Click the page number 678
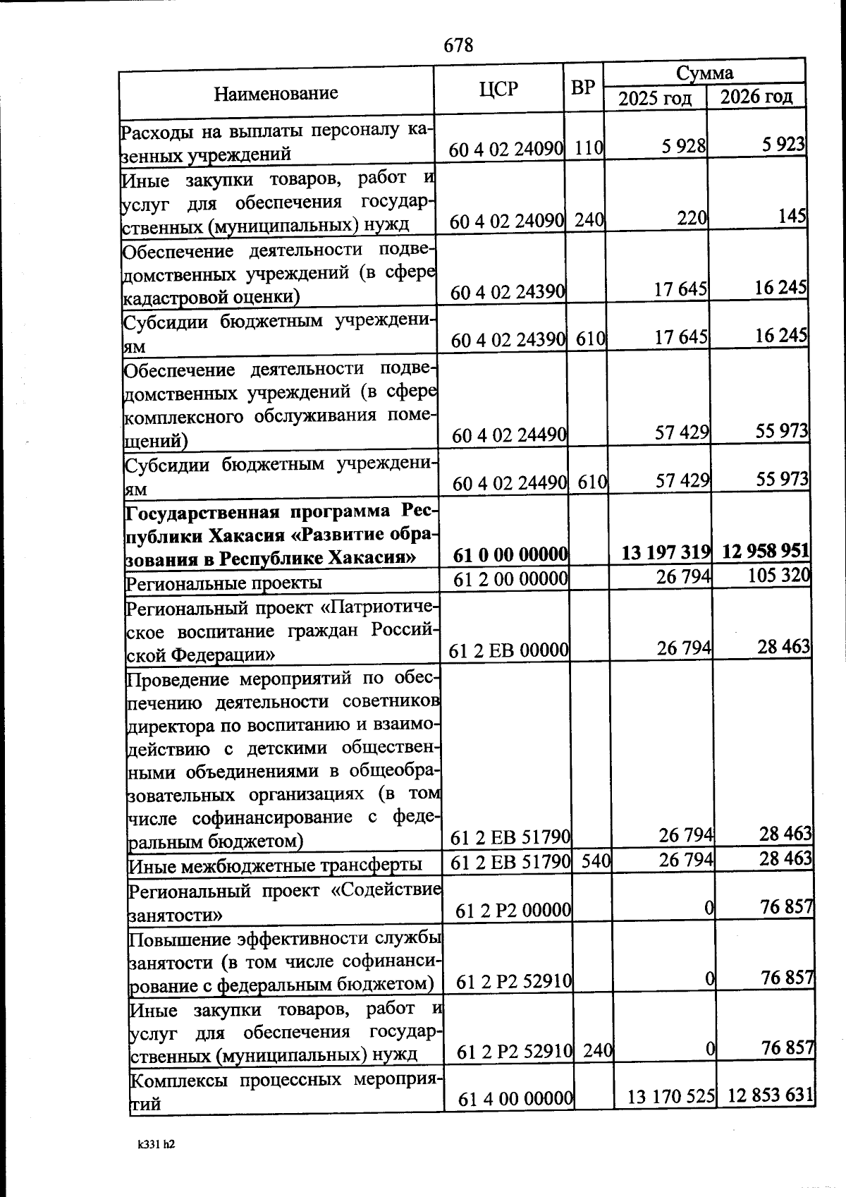(458, 46)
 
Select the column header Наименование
(276, 93)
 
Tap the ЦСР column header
(498, 89)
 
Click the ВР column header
(582, 88)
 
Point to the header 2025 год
(655, 98)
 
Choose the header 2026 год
(756, 97)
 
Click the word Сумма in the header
(704, 73)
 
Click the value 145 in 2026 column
(792, 216)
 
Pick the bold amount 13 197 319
(666, 552)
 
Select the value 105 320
(779, 576)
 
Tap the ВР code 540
(596, 861)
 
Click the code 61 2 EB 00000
(508, 650)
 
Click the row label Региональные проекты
(223, 583)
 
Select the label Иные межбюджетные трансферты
(276, 865)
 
